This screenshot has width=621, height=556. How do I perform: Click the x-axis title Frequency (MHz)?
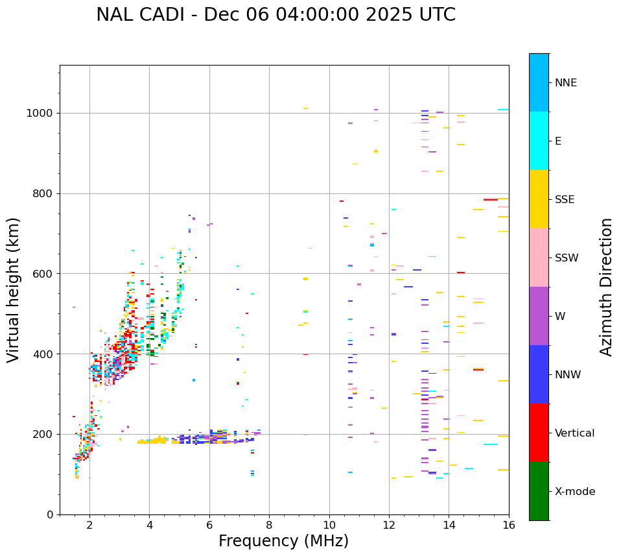pos(283,541)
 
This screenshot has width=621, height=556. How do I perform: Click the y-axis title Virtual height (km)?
pos(14,290)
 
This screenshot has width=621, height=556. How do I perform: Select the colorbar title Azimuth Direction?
pos(606,287)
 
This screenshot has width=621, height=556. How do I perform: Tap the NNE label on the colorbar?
pos(565,83)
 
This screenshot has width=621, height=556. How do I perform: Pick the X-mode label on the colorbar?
pos(574,492)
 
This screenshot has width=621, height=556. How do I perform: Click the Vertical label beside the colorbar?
pos(574,433)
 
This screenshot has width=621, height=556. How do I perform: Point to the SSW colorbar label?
pos(567,258)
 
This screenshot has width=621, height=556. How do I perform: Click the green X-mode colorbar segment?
pos(539,491)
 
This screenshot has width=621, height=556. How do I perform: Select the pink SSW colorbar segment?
pos(539,258)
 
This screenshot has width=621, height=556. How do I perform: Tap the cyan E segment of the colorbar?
pos(539,141)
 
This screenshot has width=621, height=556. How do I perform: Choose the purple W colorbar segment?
pos(539,316)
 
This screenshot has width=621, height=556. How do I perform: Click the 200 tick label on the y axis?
pos(44,434)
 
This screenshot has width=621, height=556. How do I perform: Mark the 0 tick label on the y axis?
pos(50,514)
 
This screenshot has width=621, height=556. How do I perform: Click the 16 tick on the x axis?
pos(509,525)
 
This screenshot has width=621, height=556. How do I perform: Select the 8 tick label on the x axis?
pos(269,525)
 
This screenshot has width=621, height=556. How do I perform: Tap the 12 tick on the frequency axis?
pos(389,525)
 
